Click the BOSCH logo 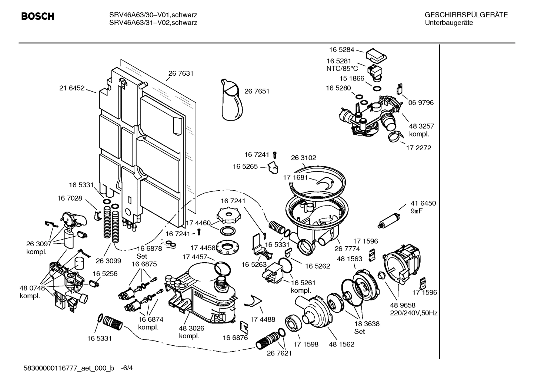(38, 16)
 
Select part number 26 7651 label (257, 91)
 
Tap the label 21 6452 (72, 88)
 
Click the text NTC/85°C (342, 69)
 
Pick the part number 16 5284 (341, 50)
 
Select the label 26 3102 (304, 158)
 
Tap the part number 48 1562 (341, 344)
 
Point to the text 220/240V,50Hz (414, 313)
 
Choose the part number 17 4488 (263, 319)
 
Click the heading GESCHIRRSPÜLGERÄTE (466, 15)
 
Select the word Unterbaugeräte (449, 23)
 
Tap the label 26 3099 (109, 260)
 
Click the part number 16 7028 (70, 198)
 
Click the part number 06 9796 (421, 103)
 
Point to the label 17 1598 (306, 344)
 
